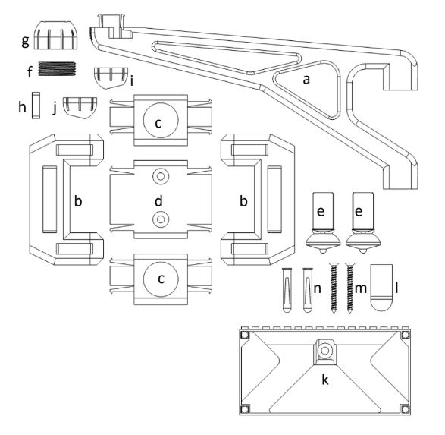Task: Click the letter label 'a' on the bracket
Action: (306, 80)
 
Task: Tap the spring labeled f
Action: (57, 68)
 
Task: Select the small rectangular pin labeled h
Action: (36, 105)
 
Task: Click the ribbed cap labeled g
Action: (56, 35)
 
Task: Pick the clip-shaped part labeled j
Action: (80, 108)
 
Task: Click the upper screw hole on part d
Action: (161, 176)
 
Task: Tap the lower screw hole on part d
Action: (161, 219)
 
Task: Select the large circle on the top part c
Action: (161, 120)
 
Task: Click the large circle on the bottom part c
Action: (161, 279)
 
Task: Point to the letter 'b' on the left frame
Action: (78, 200)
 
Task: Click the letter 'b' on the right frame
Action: (243, 200)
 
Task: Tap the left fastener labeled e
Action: (323, 222)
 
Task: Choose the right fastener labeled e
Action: (363, 222)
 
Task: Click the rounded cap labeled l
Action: (382, 288)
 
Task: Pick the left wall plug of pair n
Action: (287, 289)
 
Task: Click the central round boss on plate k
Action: (324, 351)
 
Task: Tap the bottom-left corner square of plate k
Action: (245, 409)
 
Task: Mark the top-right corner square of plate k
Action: (405, 335)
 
